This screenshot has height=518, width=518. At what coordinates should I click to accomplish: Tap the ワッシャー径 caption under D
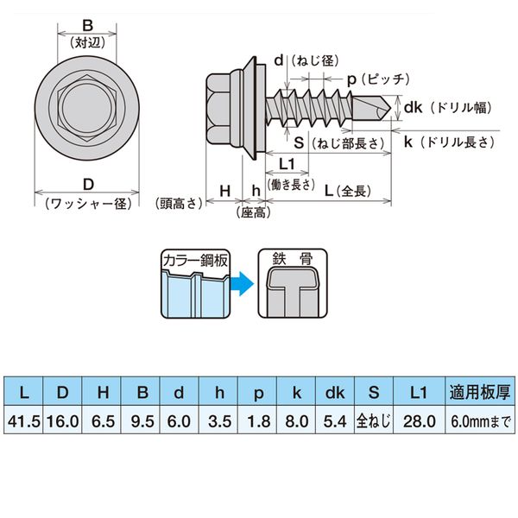point(88,204)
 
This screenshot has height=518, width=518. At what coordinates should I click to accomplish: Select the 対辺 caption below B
point(88,41)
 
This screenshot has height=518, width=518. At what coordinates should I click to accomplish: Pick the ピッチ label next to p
point(386,79)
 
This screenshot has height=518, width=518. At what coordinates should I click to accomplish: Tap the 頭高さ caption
point(180,205)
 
